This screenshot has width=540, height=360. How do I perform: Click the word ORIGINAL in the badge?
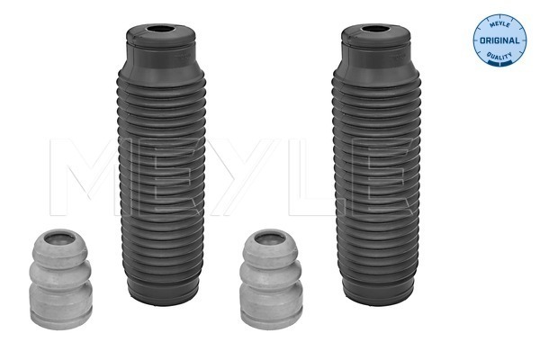pyautogui.click(x=499, y=40)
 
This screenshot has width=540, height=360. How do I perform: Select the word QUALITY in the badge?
pyautogui.click(x=499, y=55)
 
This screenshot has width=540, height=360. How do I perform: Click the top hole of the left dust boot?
pyautogui.click(x=160, y=30)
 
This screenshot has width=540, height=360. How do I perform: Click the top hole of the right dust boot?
pyautogui.click(x=374, y=30)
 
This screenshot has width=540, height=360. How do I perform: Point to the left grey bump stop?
pyautogui.click(x=61, y=279)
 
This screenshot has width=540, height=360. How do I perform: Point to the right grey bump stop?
pyautogui.click(x=272, y=279)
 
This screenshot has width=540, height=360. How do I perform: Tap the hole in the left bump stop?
pyautogui.click(x=59, y=238)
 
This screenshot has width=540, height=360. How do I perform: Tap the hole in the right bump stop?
pyautogui.click(x=270, y=238)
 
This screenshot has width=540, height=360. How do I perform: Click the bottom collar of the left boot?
pyautogui.click(x=163, y=292)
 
